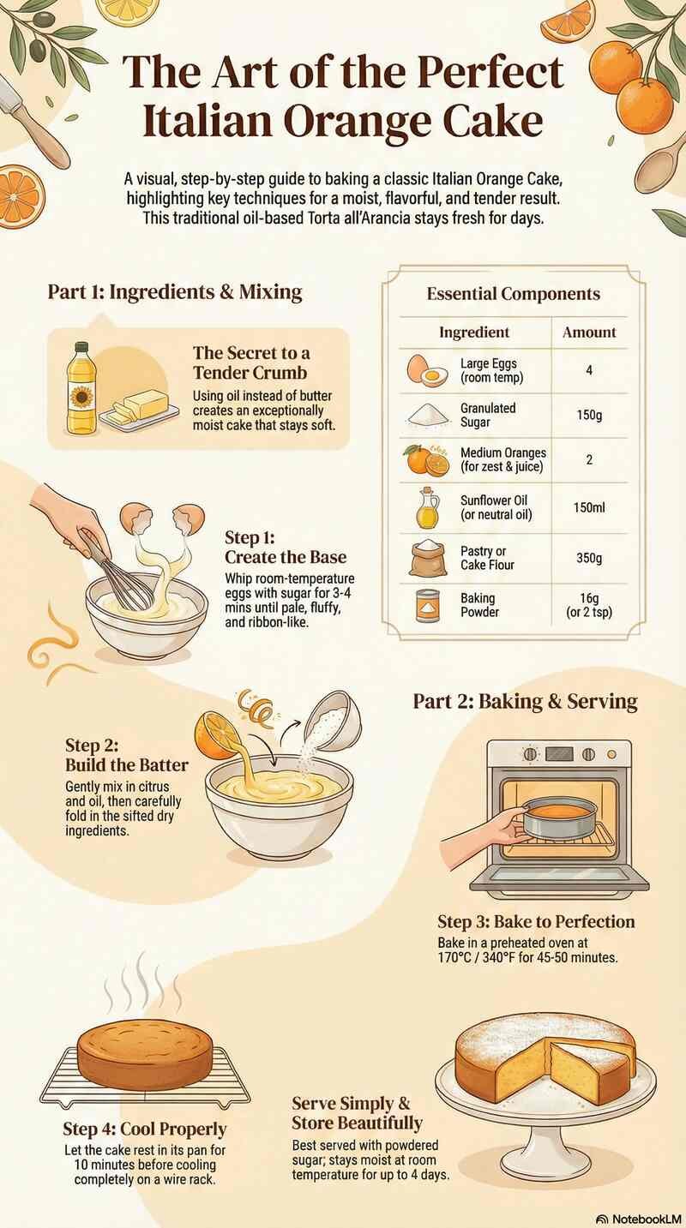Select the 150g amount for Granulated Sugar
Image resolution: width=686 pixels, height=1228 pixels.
[589, 416]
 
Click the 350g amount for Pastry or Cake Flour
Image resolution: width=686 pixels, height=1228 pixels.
[589, 558]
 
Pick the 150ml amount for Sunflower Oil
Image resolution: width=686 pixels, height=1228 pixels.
[589, 508]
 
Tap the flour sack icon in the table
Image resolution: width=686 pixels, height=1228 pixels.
[426, 558]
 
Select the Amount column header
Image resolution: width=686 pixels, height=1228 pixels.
[589, 332]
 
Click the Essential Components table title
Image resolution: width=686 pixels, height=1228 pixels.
[513, 294]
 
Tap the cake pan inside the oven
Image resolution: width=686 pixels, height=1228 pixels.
[560, 818]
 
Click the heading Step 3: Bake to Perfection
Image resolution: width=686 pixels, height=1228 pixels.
[536, 922]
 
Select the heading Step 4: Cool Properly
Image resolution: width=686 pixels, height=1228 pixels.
[144, 1129]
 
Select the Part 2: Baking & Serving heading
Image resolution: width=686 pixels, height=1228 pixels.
[525, 701]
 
